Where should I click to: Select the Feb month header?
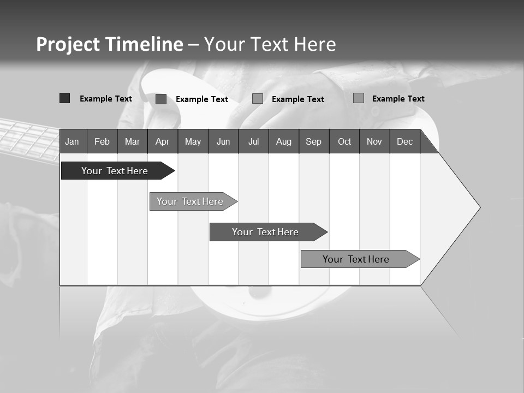tap(102, 141)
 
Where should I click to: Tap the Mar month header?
tap(132, 141)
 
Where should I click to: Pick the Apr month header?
tap(163, 141)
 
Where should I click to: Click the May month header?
tap(193, 141)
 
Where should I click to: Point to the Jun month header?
tap(223, 141)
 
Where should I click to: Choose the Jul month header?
tap(253, 141)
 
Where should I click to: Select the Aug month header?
tap(284, 141)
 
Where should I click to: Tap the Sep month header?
tap(314, 141)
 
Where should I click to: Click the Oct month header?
tap(344, 141)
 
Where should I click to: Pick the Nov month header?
tap(374, 141)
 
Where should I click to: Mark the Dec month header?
tap(405, 141)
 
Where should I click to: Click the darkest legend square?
tap(64, 98)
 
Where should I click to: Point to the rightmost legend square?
tap(359, 98)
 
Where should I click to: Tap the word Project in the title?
tap(68, 44)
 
